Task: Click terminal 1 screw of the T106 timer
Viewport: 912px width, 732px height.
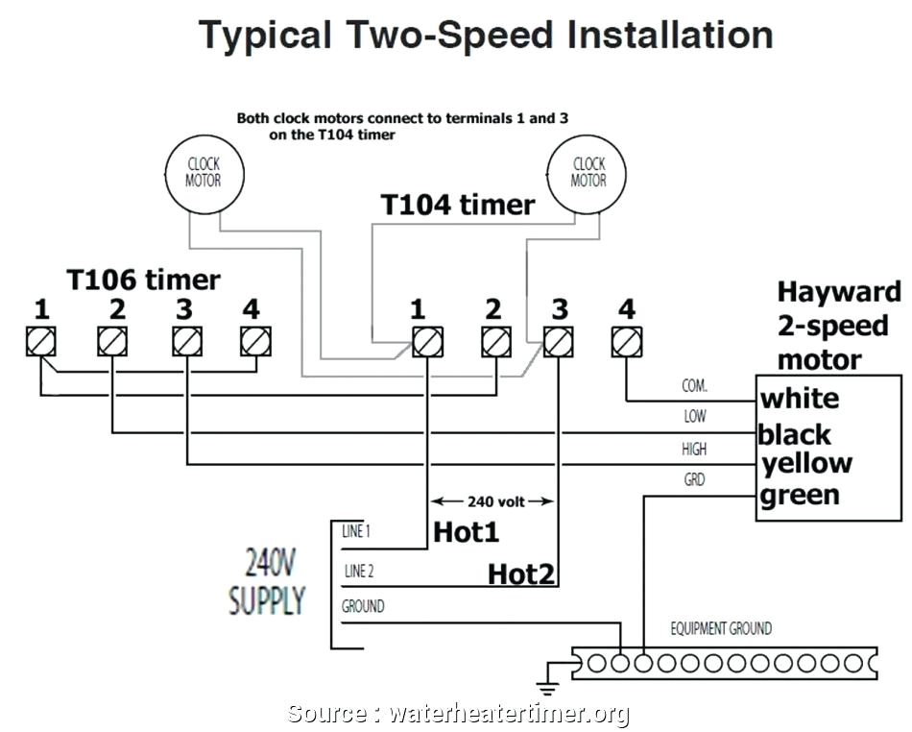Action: tap(41, 341)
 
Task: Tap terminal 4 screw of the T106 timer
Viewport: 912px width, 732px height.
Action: tap(255, 341)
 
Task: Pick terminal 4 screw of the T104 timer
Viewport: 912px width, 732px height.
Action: tap(627, 341)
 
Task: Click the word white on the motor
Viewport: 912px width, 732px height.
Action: tap(800, 399)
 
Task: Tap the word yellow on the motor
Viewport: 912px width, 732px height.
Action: tap(806, 463)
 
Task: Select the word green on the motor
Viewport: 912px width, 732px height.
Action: tap(800, 496)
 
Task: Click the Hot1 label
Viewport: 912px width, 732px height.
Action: tap(467, 531)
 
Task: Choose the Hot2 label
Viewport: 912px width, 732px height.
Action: tap(521, 573)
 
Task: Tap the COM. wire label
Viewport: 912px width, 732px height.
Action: tap(694, 386)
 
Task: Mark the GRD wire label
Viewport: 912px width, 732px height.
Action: tap(694, 479)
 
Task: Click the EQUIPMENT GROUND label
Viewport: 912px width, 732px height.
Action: tap(720, 629)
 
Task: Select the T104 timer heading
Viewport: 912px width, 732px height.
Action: tap(457, 205)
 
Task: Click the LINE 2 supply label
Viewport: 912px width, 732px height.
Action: tap(358, 572)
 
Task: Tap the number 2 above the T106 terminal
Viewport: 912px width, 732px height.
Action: tap(116, 309)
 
